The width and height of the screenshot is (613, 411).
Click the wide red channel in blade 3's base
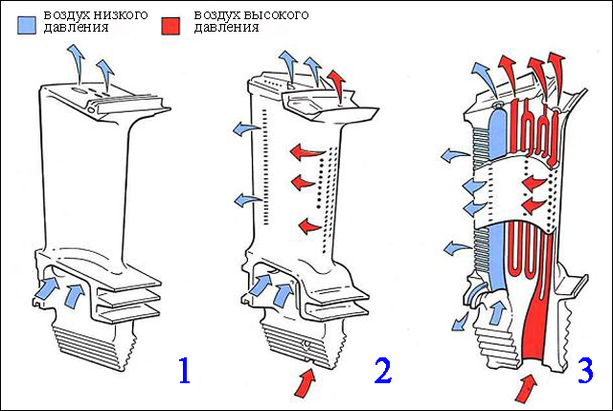tap(541, 316)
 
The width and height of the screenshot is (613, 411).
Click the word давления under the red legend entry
tap(226, 28)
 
